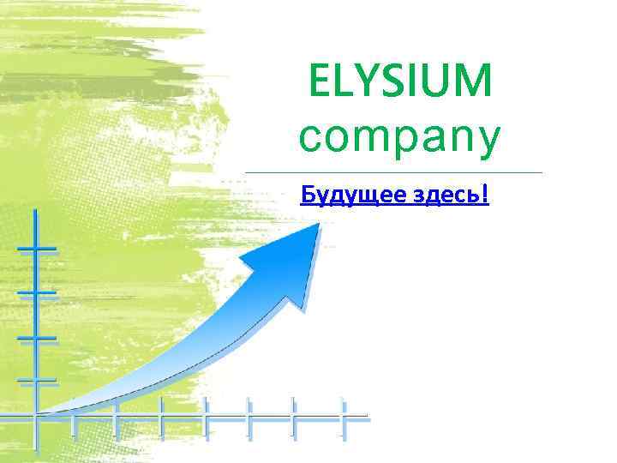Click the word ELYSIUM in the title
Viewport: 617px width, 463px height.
400,83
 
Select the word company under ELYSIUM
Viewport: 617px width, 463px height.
398,138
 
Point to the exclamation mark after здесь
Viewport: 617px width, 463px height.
486,195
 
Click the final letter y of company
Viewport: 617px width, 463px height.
485,142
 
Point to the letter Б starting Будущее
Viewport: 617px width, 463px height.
308,195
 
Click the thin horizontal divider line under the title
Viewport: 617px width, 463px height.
394,172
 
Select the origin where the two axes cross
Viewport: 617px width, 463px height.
35,416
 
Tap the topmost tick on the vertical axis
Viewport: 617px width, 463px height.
35,250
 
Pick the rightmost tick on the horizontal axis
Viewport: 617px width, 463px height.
342,416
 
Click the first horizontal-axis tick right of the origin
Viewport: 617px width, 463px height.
74,416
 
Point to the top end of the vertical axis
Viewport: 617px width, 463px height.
35,211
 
